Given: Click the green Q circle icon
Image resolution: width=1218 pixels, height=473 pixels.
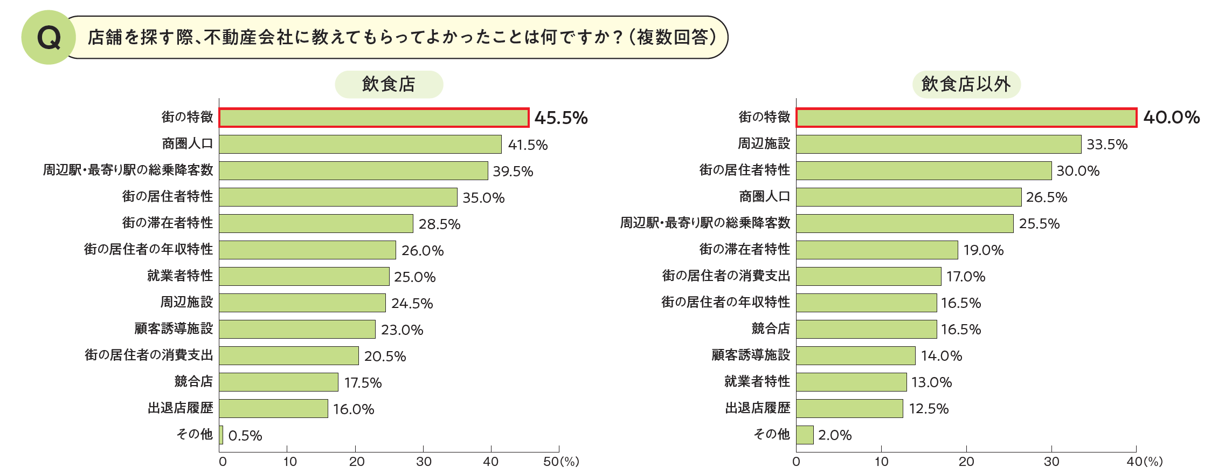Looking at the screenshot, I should [49, 37].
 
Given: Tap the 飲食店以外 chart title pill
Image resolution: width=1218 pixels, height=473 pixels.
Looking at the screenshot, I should [966, 84].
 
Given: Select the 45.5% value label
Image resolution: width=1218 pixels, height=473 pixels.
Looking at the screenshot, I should [560, 118].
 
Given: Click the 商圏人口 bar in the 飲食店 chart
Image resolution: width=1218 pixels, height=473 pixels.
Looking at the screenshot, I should [360, 144].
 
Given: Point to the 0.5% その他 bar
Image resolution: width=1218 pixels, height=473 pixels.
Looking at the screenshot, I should [221, 435].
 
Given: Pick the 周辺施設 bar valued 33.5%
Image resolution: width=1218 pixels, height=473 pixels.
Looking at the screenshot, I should [938, 144].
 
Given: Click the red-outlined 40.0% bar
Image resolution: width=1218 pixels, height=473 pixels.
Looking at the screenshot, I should [966, 118].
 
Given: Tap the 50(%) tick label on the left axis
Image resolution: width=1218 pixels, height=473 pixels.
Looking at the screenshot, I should [561, 462].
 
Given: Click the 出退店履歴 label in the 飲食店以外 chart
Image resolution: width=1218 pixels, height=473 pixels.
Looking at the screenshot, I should [757, 408].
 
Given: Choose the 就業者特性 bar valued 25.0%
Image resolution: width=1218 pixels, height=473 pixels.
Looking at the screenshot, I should [304, 276].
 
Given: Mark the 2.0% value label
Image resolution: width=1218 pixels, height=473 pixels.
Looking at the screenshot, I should [834, 435].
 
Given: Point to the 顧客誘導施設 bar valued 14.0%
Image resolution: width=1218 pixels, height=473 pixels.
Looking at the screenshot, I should [856, 355].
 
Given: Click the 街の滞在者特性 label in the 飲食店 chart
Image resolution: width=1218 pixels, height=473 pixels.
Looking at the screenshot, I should [167, 223].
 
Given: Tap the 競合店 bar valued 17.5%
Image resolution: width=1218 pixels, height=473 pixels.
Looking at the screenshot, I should [279, 382].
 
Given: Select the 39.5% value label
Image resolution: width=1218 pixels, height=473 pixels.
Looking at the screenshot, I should [513, 171].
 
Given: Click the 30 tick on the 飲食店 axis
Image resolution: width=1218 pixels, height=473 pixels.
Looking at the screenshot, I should [424, 462].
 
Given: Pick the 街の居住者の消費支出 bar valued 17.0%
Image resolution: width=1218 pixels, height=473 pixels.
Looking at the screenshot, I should [869, 276].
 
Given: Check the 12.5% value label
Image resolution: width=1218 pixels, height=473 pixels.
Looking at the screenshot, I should [928, 408].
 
